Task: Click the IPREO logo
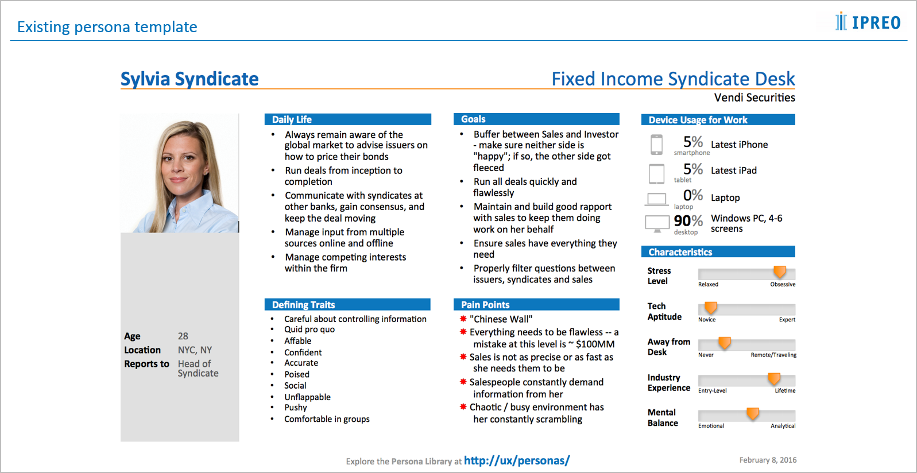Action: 868,22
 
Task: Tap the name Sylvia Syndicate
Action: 189,79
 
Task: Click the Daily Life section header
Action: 292,119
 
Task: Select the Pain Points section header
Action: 485,305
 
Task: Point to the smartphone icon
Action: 656,145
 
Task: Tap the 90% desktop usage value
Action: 688,221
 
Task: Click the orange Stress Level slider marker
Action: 779,272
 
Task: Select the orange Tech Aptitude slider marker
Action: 711,308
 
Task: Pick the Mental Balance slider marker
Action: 753,413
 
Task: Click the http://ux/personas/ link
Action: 516,460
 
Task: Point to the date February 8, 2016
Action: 768,460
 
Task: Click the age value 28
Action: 183,336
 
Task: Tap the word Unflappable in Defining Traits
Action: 307,397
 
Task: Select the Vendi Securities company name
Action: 755,98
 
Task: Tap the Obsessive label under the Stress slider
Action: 783,284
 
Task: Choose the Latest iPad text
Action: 734,170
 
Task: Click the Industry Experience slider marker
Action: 774,378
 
